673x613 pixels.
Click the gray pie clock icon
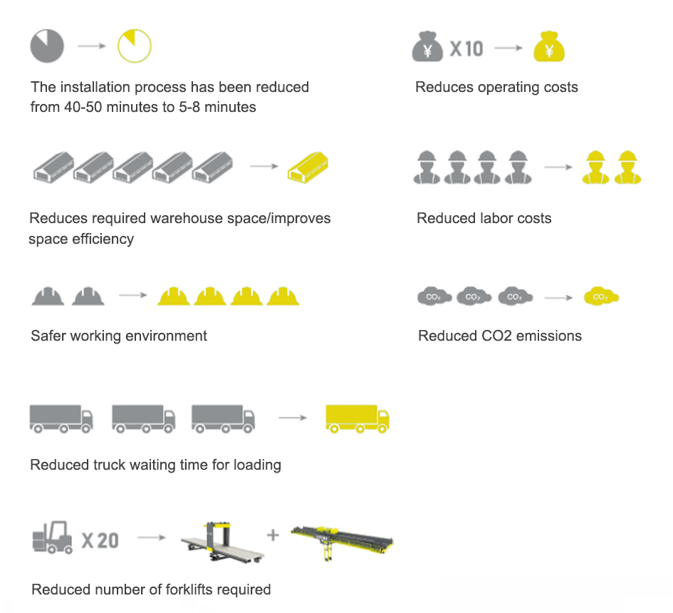47,47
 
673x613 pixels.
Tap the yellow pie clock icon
135,47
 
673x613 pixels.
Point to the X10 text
466,48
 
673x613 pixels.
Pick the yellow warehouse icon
307,168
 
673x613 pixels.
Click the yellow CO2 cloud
601,297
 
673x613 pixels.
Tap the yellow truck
357,418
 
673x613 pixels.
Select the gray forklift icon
53,537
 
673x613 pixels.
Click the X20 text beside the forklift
100,540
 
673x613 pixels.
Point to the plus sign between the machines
273,534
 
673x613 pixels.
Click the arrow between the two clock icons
91,47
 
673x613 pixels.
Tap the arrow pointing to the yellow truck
292,417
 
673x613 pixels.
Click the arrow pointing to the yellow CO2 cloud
558,297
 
